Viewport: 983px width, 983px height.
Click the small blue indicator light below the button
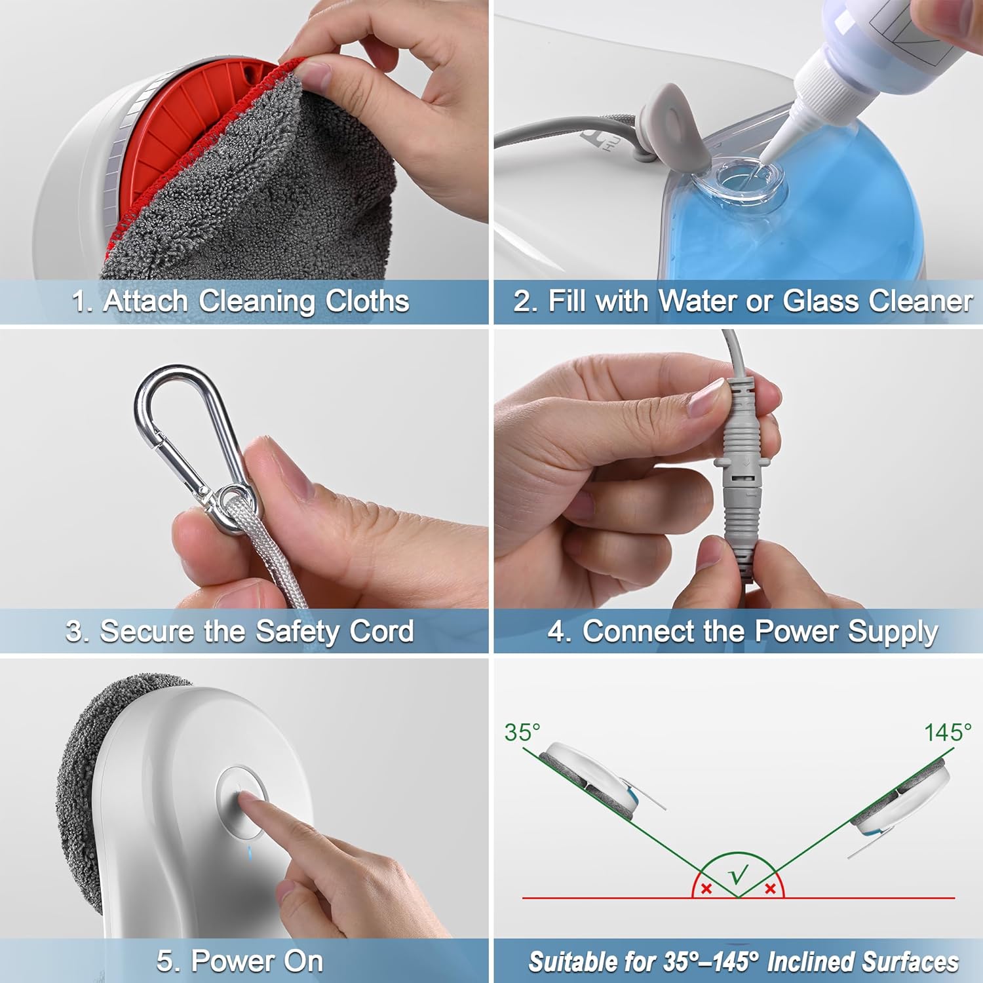click(x=248, y=853)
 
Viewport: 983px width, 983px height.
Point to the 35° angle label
click(x=522, y=732)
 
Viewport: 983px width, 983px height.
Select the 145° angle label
click(x=947, y=732)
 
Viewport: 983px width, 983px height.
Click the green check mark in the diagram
click(x=739, y=875)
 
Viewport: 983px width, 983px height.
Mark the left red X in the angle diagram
click(x=706, y=889)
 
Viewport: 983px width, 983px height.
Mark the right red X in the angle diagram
click(x=771, y=889)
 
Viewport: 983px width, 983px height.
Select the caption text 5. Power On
click(x=240, y=961)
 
